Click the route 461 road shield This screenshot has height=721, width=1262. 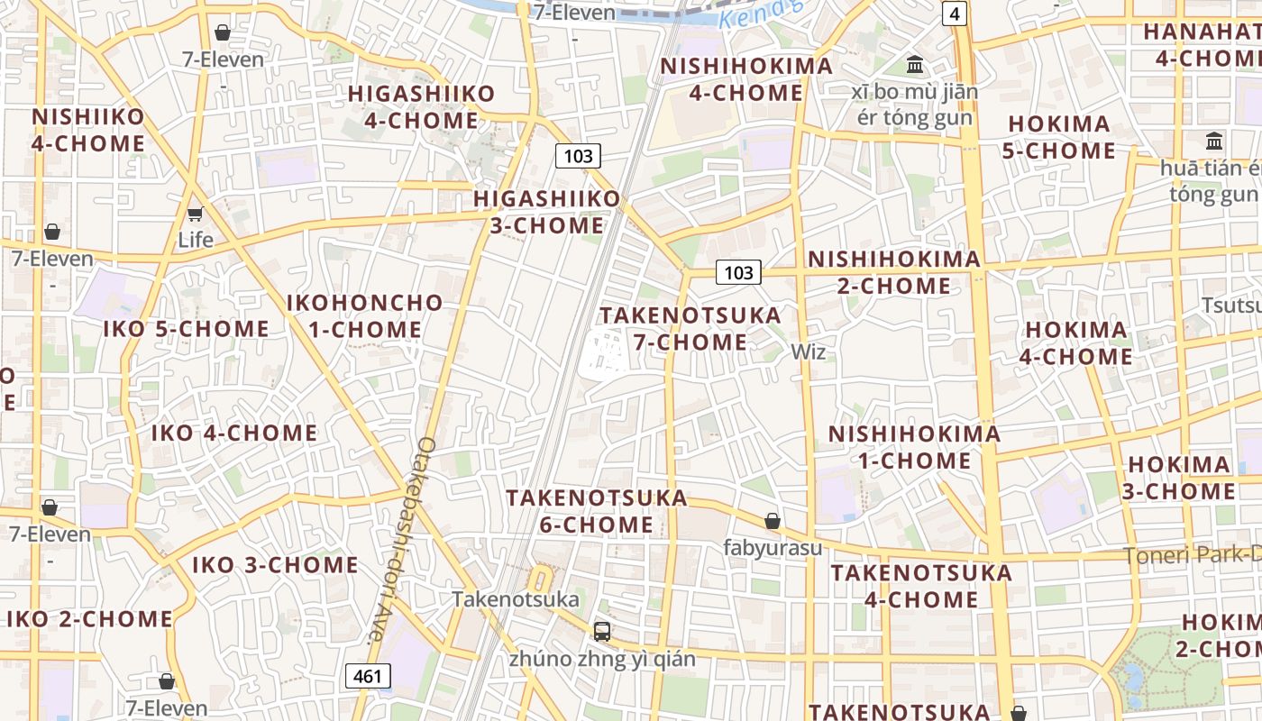click(x=369, y=676)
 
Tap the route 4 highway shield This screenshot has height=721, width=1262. click(x=954, y=14)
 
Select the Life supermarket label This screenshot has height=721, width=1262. click(x=196, y=240)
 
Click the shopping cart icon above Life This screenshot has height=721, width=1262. click(x=195, y=214)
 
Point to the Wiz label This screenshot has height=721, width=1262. click(x=808, y=352)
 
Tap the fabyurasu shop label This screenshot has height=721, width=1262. click(x=773, y=547)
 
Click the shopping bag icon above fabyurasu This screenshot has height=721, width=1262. click(x=773, y=521)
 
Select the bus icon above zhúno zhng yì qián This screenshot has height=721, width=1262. click(x=602, y=632)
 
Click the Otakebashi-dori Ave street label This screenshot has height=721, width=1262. click(x=401, y=541)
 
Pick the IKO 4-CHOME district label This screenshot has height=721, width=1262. click(x=234, y=434)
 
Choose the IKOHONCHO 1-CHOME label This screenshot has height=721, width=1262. click(x=365, y=316)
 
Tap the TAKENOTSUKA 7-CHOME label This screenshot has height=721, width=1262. click(x=690, y=329)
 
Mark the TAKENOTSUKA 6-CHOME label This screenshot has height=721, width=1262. click(x=597, y=511)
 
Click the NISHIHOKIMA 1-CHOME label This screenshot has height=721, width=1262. click(x=914, y=447)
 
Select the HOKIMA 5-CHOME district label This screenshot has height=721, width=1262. click(x=1059, y=137)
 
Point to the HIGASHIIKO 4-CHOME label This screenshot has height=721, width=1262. click(x=422, y=106)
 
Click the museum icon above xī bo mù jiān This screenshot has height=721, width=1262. click(x=916, y=64)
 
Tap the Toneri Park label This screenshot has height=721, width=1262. click(x=1192, y=555)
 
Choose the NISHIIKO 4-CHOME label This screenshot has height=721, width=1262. click(x=88, y=130)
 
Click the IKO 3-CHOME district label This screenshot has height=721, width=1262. click(x=275, y=566)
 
